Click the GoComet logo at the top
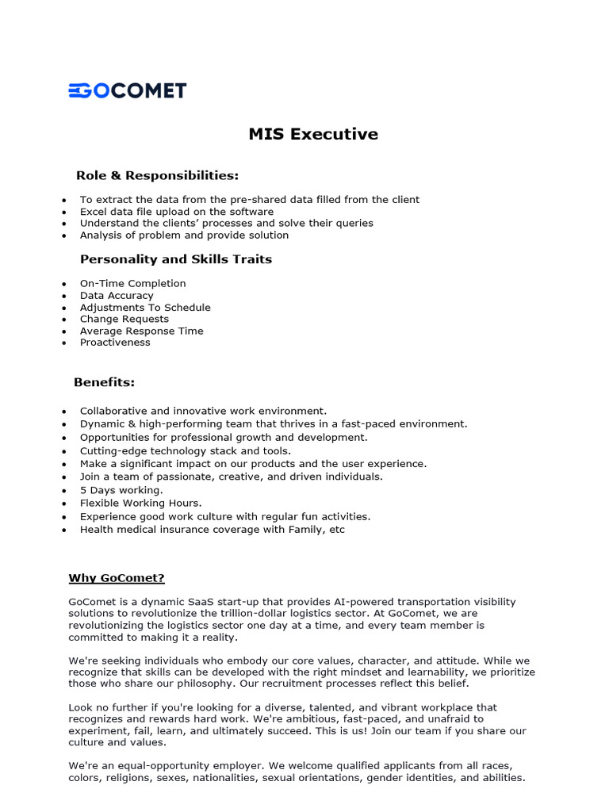[127, 90]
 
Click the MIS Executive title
[313, 134]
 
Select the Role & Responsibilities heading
[157, 175]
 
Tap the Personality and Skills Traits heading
[175, 259]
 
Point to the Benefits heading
[104, 382]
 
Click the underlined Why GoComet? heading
[117, 578]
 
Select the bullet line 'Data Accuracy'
[117, 295]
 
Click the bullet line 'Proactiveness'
[115, 343]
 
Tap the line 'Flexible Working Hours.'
[140, 503]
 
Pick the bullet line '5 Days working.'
[121, 490]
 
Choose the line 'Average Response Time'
[141, 331]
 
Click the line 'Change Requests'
[124, 319]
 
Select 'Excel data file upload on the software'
[176, 212]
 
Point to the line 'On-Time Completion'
[132, 283]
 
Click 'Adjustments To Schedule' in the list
[145, 307]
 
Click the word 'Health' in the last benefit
[96, 530]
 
